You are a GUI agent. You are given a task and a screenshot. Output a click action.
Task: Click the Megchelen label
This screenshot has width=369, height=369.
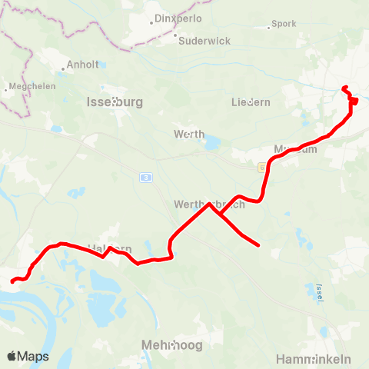coord(30,87)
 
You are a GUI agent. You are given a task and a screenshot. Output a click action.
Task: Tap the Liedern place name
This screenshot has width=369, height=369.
coord(251,101)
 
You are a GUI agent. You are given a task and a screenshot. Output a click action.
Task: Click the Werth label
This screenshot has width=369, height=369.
coord(190,134)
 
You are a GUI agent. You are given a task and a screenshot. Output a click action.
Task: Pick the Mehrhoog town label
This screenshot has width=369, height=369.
coord(173,345)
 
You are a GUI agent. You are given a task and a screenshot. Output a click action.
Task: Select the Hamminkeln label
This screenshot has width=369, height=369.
coord(313,359)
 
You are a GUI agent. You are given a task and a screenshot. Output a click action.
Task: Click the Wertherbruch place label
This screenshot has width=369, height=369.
coord(209,204)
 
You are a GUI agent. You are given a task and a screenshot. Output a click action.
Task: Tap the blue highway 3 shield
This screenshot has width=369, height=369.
coord(145,177)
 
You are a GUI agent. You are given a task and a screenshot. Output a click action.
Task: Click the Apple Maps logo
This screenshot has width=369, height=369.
coord(28,356)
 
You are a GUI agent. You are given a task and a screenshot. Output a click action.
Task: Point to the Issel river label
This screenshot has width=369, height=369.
coord(319,291)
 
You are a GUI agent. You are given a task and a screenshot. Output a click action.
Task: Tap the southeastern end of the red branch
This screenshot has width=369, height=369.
coord(259,245)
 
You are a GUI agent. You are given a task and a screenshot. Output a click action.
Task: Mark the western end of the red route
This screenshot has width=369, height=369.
coord(12,281)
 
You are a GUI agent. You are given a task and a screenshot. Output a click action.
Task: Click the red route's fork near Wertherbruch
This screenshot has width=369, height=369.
coord(210,204)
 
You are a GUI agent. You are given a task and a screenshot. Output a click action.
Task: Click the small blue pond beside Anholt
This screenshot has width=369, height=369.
coord(101,65)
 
